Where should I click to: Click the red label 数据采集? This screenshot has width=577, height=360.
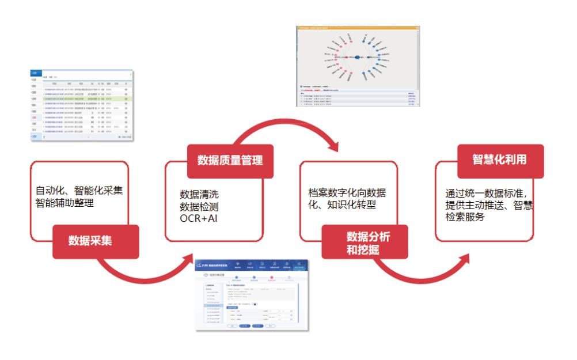tap(90, 240)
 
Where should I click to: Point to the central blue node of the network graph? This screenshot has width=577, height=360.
tap(357, 56)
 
